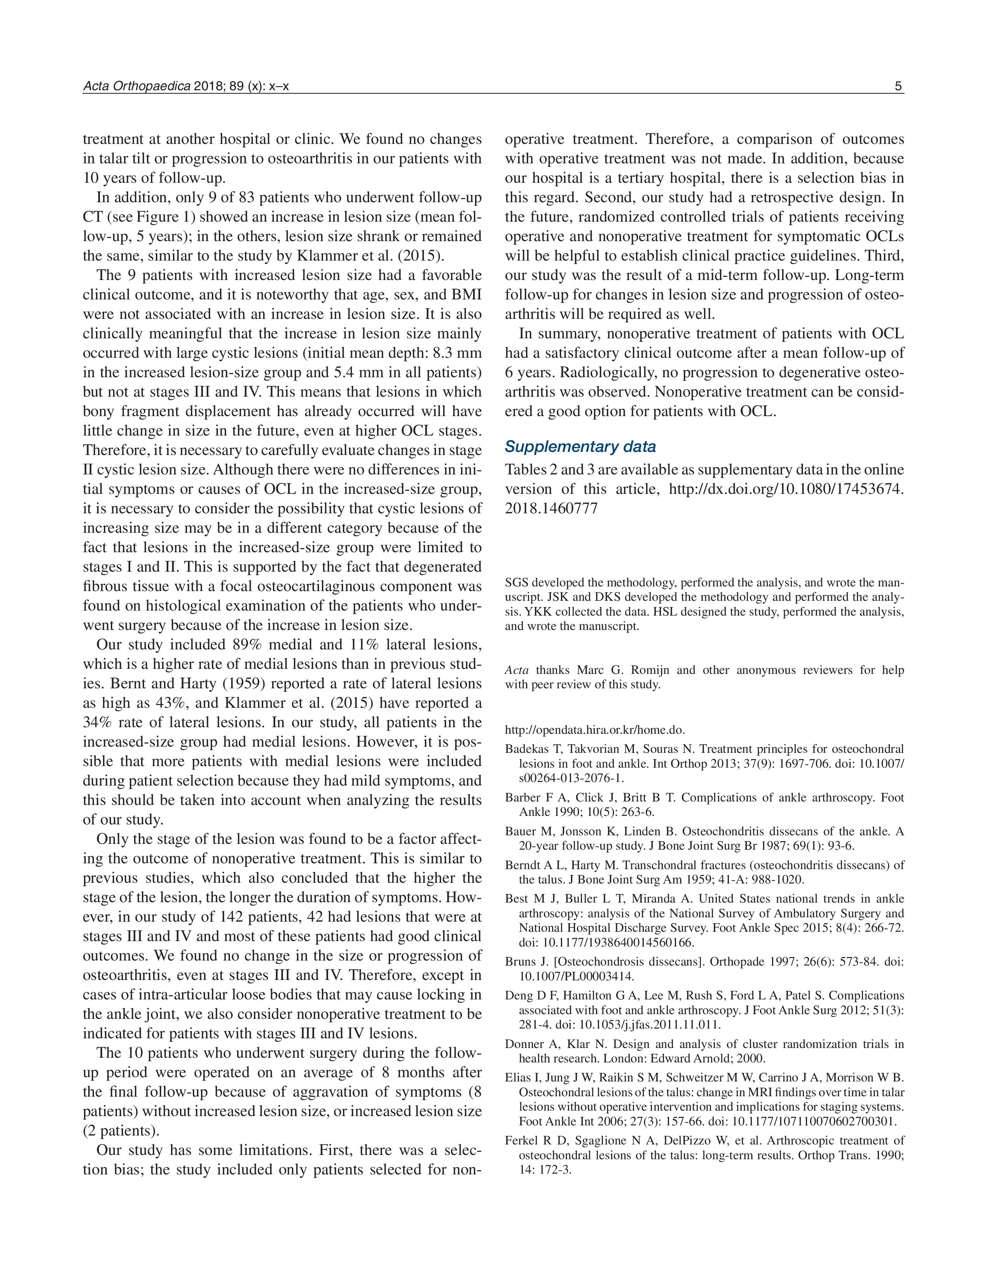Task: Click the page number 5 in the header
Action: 898,86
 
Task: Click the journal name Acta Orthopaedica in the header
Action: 136,86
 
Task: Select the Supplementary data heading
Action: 580,447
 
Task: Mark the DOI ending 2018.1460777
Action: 551,508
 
